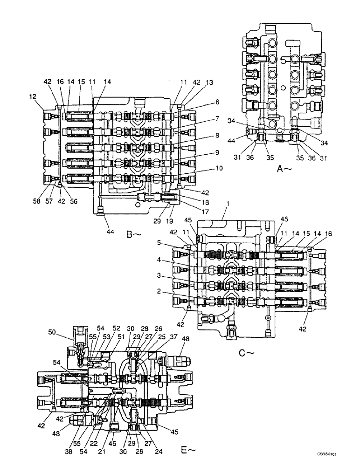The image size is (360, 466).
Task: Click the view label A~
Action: [284, 170]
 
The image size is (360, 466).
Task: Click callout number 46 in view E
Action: [112, 438]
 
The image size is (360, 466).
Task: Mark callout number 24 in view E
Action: [159, 438]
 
